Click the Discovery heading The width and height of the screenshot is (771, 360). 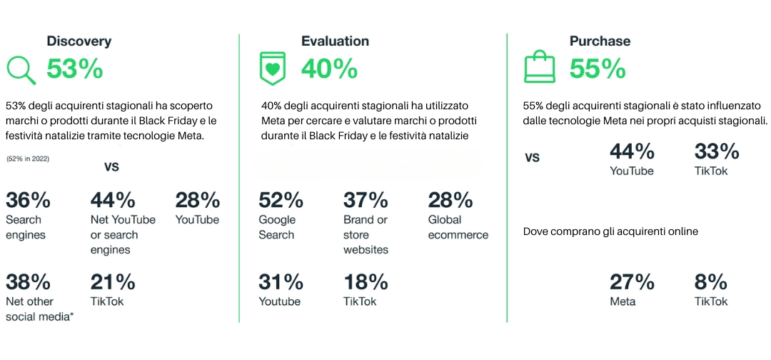click(x=79, y=41)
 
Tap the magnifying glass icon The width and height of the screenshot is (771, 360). click(x=21, y=70)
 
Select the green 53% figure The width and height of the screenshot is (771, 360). click(x=75, y=69)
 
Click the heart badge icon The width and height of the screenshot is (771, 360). click(x=273, y=69)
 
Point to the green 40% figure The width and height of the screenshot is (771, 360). click(x=329, y=69)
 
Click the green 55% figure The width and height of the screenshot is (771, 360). click(x=598, y=69)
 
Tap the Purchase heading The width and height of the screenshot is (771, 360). click(x=600, y=41)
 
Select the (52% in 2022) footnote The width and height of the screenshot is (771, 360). click(x=28, y=159)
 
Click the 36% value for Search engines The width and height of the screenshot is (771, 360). click(x=28, y=201)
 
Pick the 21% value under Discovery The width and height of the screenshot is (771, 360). click(x=113, y=282)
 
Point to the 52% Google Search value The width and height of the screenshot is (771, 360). click(x=281, y=201)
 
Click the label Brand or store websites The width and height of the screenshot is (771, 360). click(x=366, y=234)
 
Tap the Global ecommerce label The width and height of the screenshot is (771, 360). click(x=458, y=227)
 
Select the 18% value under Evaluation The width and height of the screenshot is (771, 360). click(x=366, y=282)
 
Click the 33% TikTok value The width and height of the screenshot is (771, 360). click(x=717, y=152)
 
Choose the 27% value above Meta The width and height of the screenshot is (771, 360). click(x=633, y=282)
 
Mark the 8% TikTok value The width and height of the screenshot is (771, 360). click(x=711, y=282)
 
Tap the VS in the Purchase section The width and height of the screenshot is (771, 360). click(x=532, y=158)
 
